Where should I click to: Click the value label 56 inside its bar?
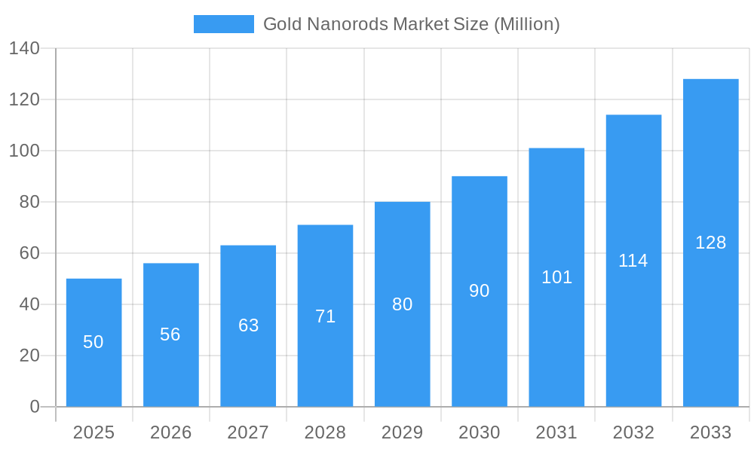pyautogui.click(x=170, y=334)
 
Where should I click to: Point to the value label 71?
pyautogui.click(x=325, y=316)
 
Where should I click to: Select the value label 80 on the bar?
pyautogui.click(x=403, y=304)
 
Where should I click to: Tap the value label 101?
pyautogui.click(x=556, y=277)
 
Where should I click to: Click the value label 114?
pyautogui.click(x=633, y=261)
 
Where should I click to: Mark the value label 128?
pyautogui.click(x=710, y=243)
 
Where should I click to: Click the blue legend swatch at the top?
pyautogui.click(x=223, y=24)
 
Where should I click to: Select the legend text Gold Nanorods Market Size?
pyautogui.click(x=411, y=24)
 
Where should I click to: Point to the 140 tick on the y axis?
pyautogui.click(x=24, y=48)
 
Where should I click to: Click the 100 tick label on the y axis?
pyautogui.click(x=24, y=151)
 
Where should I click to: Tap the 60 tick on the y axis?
pyautogui.click(x=29, y=253)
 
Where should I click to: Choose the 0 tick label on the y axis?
pyautogui.click(x=35, y=407)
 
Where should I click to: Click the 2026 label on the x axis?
pyautogui.click(x=170, y=432)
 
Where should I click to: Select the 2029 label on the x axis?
pyautogui.click(x=403, y=432)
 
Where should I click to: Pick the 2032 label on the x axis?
pyautogui.click(x=633, y=432)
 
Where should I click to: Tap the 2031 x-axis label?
pyautogui.click(x=556, y=432)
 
